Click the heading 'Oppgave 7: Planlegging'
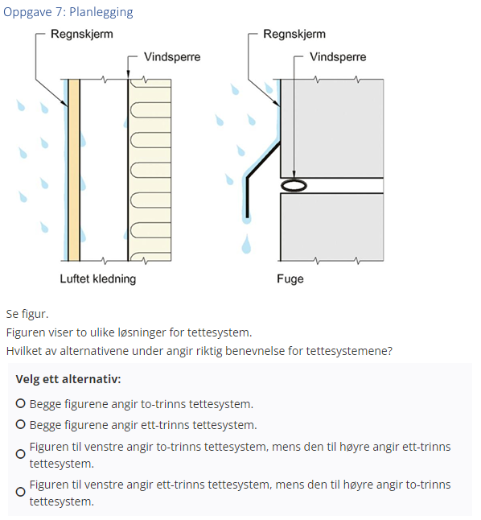coord(68,12)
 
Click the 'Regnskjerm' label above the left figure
coord(81,35)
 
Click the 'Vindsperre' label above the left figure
coord(172,57)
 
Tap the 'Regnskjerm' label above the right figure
coord(294,35)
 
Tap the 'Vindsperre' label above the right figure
coord(338,57)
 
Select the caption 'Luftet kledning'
coord(98,279)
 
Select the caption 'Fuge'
coord(290,279)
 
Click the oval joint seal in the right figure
coord(294,186)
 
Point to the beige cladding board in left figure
coord(74,169)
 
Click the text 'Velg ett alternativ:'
coord(68,379)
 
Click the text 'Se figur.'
coord(27,313)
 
